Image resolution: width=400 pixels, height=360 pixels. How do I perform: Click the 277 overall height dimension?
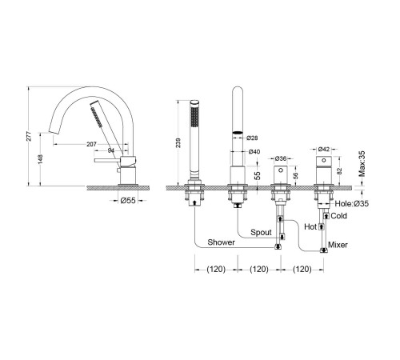point(29,136)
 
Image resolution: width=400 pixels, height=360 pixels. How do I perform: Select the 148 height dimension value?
point(40,159)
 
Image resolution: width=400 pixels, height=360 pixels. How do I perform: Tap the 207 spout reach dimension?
point(91,144)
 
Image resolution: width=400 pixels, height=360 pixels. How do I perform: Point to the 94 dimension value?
point(111,150)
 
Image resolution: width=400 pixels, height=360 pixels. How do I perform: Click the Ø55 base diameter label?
point(128,200)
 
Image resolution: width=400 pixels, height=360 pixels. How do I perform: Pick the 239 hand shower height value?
point(178,142)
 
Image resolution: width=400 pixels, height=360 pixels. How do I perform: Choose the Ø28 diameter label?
point(252,138)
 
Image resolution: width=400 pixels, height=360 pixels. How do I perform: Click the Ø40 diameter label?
point(254,151)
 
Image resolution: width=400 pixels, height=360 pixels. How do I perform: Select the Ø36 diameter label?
point(281,158)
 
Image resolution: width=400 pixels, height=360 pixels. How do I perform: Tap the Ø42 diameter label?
point(324,150)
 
